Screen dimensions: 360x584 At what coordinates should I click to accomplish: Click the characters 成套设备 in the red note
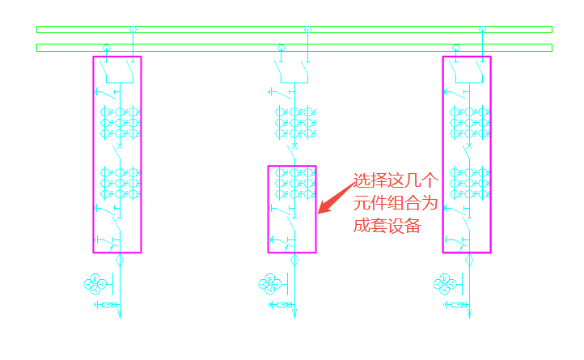click(387, 226)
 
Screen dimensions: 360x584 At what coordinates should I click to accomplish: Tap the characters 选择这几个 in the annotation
click(394, 181)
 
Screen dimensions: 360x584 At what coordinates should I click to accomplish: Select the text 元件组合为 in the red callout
click(394, 203)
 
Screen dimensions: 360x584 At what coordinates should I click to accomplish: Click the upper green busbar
click(294, 29)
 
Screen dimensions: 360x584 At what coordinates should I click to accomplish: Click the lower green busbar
click(294, 47)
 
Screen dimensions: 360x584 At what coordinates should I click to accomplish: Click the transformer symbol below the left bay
click(96, 284)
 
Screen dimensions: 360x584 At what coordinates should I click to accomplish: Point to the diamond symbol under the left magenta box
click(120, 260)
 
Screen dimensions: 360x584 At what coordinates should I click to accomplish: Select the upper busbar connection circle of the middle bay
click(307, 29)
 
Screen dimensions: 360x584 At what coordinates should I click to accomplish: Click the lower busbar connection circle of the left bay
click(106, 47)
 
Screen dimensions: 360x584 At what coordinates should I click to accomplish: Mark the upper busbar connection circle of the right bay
click(482, 29)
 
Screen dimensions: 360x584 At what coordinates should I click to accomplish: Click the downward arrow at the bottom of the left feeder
click(120, 314)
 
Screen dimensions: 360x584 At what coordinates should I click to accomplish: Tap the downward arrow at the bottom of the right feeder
click(469, 314)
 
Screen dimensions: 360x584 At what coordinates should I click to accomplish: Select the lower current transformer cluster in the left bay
click(120, 183)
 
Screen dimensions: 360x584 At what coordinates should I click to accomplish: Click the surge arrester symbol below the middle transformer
click(282, 305)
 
